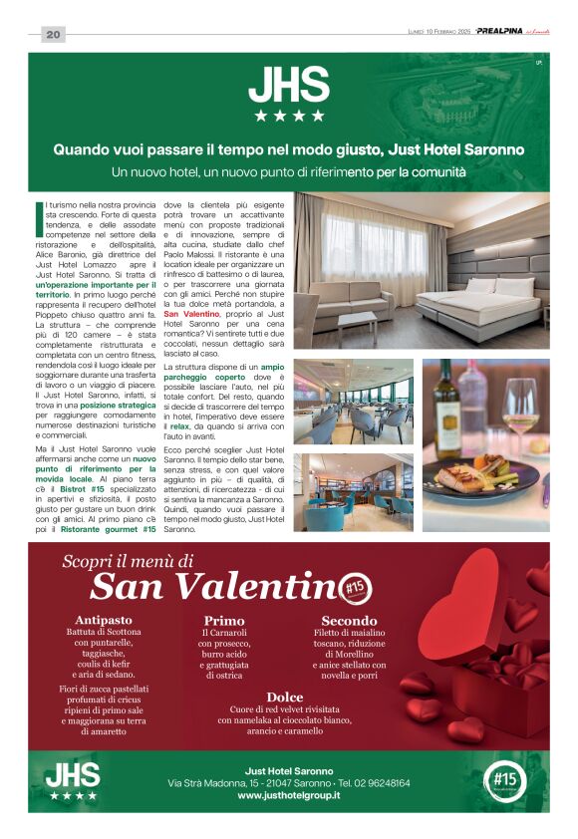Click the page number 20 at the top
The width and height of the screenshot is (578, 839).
point(53,35)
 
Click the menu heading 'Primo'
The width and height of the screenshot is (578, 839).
point(223,620)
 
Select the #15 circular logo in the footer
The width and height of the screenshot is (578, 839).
point(503,780)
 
